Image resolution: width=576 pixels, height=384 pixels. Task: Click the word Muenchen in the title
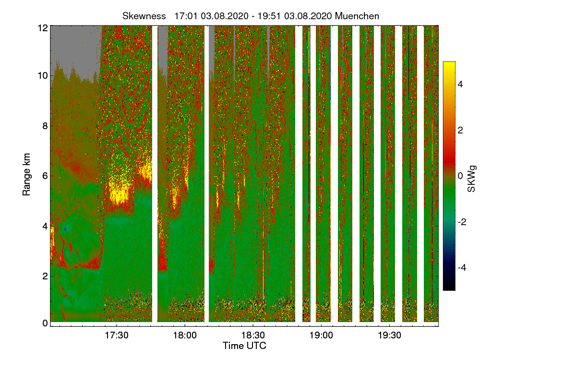pyautogui.click(x=357, y=16)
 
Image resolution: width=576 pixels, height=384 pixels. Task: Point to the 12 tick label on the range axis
pyautogui.click(x=42, y=27)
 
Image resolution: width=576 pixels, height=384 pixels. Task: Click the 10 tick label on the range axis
pyautogui.click(x=42, y=75)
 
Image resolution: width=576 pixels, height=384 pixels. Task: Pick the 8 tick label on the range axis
pyautogui.click(x=45, y=126)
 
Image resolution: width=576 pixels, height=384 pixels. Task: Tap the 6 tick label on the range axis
pyautogui.click(x=45, y=176)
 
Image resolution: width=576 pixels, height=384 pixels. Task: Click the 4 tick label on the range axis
pyautogui.click(x=45, y=226)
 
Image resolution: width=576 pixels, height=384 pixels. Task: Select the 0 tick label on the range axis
pyautogui.click(x=45, y=323)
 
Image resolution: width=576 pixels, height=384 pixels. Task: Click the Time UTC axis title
pyautogui.click(x=244, y=346)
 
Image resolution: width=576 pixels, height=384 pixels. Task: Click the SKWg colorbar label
pyautogui.click(x=472, y=176)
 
